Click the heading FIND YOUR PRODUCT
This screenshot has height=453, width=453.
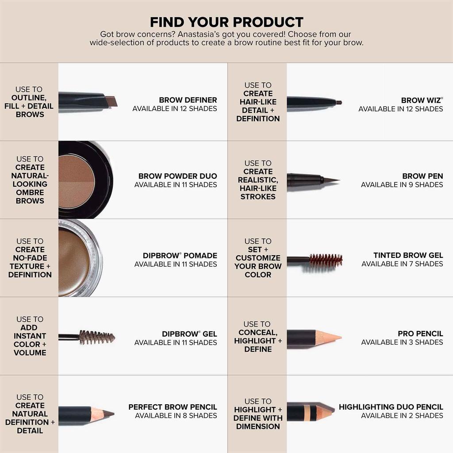[x=226, y=22]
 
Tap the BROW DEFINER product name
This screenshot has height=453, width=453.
[x=188, y=100]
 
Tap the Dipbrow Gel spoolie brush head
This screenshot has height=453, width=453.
[x=96, y=337]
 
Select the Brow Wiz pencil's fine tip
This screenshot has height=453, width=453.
[x=338, y=102]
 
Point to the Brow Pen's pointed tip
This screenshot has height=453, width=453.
[x=332, y=180]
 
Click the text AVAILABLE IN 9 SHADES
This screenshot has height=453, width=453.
[x=402, y=184]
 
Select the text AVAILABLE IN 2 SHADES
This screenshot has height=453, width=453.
[x=402, y=415]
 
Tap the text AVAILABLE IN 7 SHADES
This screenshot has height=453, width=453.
[x=402, y=264]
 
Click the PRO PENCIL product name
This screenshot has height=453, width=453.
[x=420, y=334]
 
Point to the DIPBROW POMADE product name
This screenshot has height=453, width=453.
[x=180, y=256]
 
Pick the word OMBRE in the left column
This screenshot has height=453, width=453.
[x=30, y=192]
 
